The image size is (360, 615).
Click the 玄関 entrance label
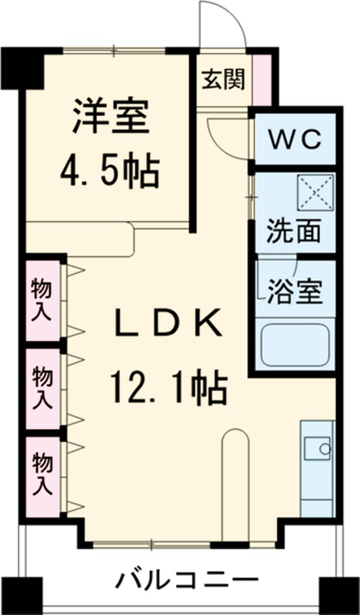click(223, 79)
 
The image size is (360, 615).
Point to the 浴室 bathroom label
click(294, 292)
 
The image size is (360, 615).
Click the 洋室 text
click(110, 117)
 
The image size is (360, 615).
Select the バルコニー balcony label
click(186, 581)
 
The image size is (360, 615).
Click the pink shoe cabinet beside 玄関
click(262, 79)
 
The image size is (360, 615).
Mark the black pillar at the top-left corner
click(23, 66)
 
